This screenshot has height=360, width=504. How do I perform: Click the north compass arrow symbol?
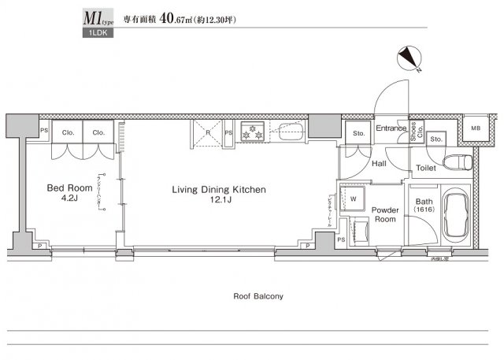pyautogui.click(x=411, y=59)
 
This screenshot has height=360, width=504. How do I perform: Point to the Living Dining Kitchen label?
pyautogui.click(x=219, y=190)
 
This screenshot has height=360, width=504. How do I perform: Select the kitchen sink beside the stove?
pyautogui.click(x=290, y=131)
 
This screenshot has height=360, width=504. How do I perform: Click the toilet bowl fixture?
pyautogui.click(x=458, y=163)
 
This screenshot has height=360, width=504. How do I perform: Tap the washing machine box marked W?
pyautogui.click(x=354, y=199)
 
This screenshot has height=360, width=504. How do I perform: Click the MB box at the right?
pyautogui.click(x=476, y=128)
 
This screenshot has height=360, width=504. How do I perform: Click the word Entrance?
pyautogui.click(x=390, y=128)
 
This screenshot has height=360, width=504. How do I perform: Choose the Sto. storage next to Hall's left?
pyautogui.click(x=358, y=134)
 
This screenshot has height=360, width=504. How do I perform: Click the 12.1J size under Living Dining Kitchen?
pyautogui.click(x=219, y=203)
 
